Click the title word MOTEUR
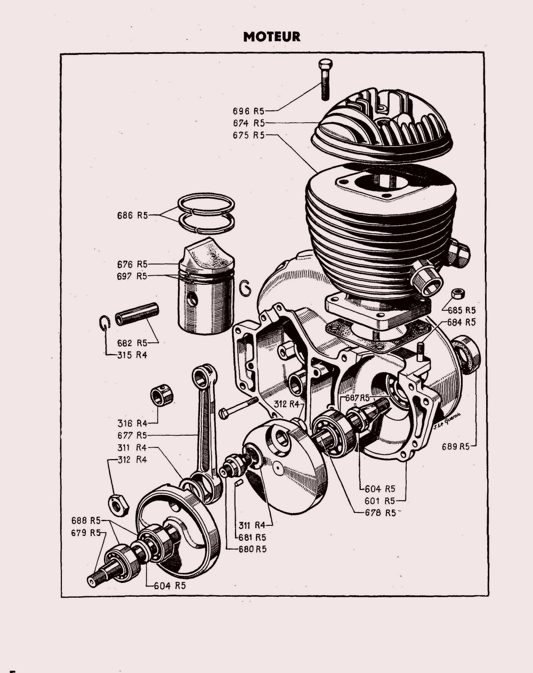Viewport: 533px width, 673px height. tap(271, 37)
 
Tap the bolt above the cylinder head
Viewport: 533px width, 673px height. tap(325, 79)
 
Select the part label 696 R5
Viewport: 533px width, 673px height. tap(248, 111)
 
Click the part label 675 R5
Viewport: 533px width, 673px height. tap(248, 135)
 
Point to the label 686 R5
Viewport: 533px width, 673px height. tap(132, 215)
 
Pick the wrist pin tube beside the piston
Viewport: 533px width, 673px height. tap(138, 314)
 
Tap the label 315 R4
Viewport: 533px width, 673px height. tap(132, 355)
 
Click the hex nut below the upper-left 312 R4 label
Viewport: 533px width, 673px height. tap(118, 504)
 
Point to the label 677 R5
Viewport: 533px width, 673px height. tap(132, 435)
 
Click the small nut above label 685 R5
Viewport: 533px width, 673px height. tap(457, 294)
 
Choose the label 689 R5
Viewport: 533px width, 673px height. tap(456, 447)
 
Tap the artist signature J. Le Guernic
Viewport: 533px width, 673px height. tap(446, 420)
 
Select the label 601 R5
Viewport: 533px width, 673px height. tap(379, 501)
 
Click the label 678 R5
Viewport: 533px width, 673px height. tap(380, 512)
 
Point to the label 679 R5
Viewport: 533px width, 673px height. tap(86, 533)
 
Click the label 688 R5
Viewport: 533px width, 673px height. tap(86, 520)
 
